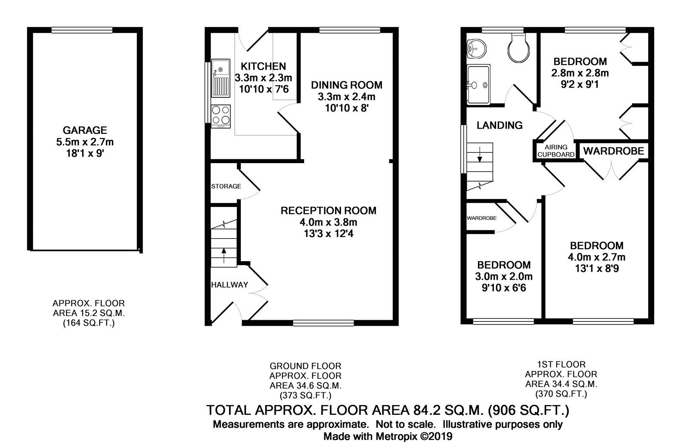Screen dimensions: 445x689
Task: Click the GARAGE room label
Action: click(85, 130)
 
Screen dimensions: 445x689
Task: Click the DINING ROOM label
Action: click(347, 85)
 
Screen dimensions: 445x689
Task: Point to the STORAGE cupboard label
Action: click(226, 186)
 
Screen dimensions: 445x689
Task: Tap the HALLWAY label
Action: click(230, 284)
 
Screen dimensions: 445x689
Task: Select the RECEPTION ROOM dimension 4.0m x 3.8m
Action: click(329, 222)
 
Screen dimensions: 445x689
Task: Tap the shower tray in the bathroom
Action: click(478, 85)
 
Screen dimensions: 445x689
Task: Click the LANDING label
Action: click(500, 125)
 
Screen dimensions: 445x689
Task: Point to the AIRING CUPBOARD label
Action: click(556, 151)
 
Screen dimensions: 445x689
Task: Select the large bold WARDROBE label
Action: click(614, 151)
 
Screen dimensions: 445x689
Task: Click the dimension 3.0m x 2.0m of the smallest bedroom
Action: click(503, 276)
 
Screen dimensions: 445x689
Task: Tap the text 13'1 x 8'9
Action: click(596, 269)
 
